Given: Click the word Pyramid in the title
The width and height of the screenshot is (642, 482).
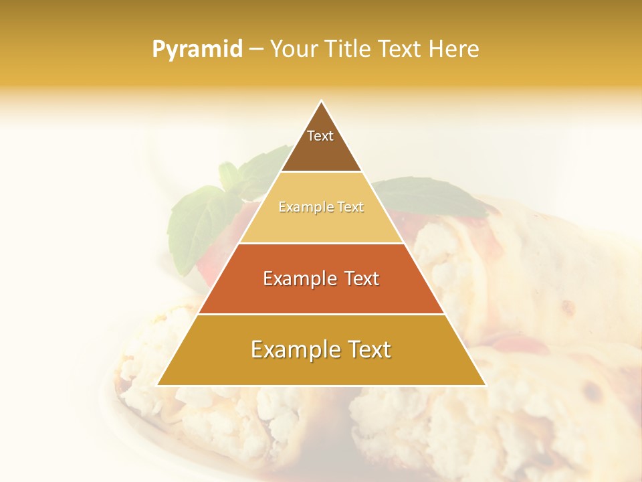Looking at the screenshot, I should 197,50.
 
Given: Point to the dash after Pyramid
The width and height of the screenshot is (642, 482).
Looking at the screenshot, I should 256,50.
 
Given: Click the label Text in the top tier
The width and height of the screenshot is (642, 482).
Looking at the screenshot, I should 320,136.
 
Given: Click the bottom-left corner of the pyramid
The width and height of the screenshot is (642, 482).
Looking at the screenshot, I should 158,385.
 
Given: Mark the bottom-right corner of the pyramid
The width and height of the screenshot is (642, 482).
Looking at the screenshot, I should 485,385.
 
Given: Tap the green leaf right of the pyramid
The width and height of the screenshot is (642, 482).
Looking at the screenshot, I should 435,197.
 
